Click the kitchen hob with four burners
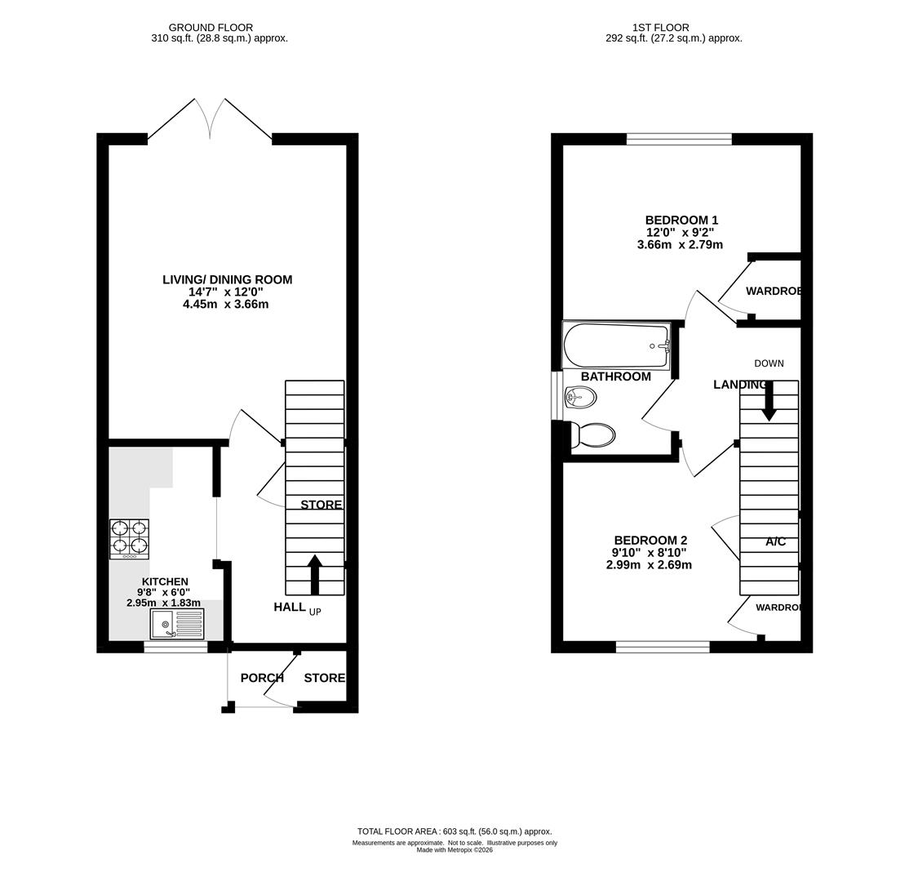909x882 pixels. point(129,539)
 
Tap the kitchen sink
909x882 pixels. point(177,624)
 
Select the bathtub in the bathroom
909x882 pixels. point(616,345)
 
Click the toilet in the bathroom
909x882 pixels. point(592,435)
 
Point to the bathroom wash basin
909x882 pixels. point(580,398)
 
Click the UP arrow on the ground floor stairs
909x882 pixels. point(315,574)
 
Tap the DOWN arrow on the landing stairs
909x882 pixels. point(769,400)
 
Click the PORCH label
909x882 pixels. point(262,678)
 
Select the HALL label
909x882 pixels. point(290,607)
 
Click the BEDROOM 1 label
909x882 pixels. point(682,220)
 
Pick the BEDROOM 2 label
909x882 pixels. point(650,541)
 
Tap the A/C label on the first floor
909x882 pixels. point(776,541)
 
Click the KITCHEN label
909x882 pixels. point(165,581)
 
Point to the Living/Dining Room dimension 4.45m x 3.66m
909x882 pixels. point(225,304)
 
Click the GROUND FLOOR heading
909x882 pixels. point(211,27)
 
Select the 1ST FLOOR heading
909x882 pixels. point(661,27)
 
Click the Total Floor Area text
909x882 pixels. point(454,831)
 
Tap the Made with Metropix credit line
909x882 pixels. point(454,850)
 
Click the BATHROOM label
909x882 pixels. point(616,376)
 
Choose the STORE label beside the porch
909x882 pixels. point(325,678)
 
